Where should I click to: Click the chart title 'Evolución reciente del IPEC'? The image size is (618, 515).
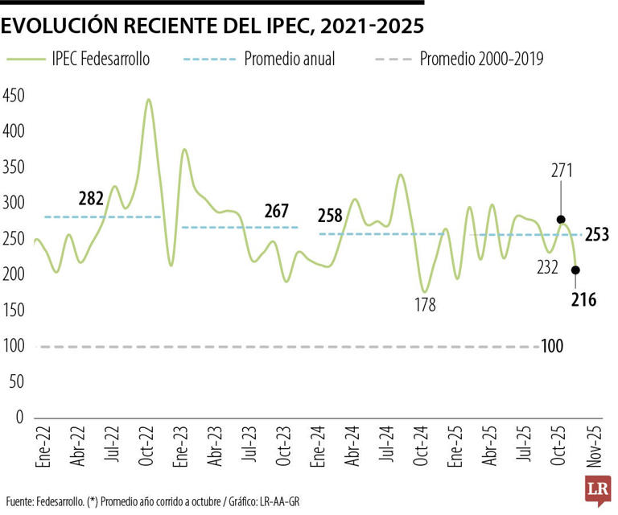tap(212, 26)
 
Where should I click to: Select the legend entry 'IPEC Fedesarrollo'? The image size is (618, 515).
tap(100, 59)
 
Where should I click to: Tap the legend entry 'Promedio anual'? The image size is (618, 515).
tap(289, 59)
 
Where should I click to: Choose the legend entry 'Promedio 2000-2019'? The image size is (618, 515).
tap(481, 59)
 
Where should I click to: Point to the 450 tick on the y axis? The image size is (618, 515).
tap(14, 96)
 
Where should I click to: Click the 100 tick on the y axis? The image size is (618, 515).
tap(14, 346)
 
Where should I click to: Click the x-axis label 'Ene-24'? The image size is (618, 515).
tap(319, 452)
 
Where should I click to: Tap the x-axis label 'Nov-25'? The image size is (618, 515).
tap(595, 452)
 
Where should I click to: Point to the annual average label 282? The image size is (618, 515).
tap(92, 198)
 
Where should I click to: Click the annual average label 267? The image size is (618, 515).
tap(276, 211)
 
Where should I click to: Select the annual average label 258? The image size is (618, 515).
tap(330, 215)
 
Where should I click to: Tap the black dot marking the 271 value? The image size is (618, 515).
tap(561, 220)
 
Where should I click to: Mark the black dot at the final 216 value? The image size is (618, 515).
tap(575, 270)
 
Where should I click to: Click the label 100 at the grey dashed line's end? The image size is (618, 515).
tap(551, 347)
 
